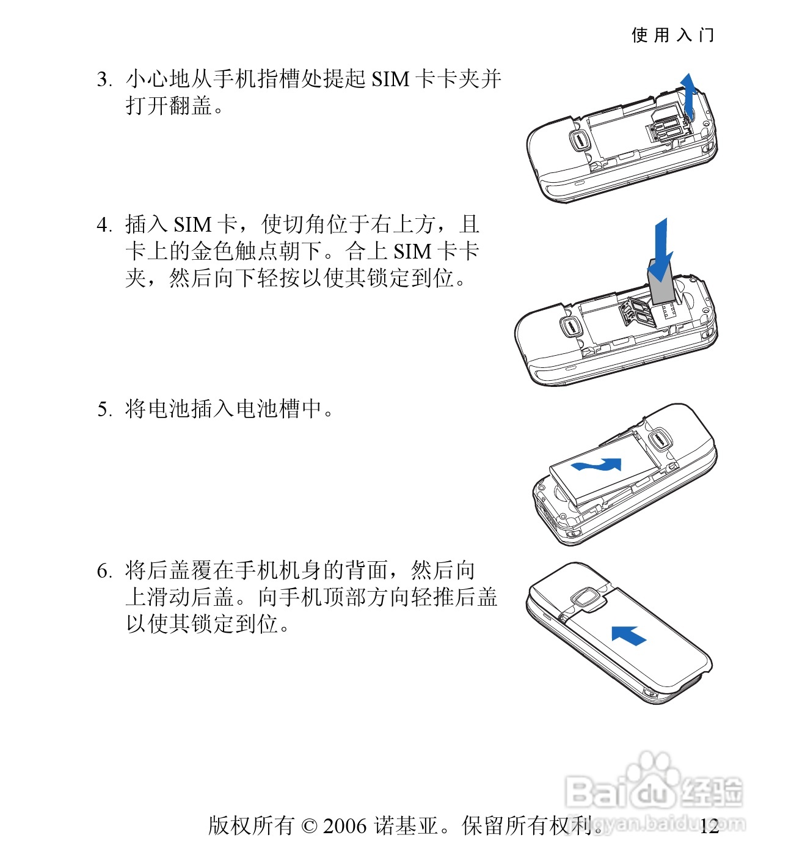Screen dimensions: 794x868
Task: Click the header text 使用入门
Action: (672, 35)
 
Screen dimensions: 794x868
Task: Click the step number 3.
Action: (103, 79)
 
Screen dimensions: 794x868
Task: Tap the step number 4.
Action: (103, 225)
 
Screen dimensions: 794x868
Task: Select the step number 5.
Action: (103, 410)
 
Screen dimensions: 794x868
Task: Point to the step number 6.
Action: (103, 571)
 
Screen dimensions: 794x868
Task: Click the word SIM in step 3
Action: (390, 79)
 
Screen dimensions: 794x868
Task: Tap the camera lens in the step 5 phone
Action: (659, 439)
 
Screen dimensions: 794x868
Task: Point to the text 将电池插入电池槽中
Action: (224, 409)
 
